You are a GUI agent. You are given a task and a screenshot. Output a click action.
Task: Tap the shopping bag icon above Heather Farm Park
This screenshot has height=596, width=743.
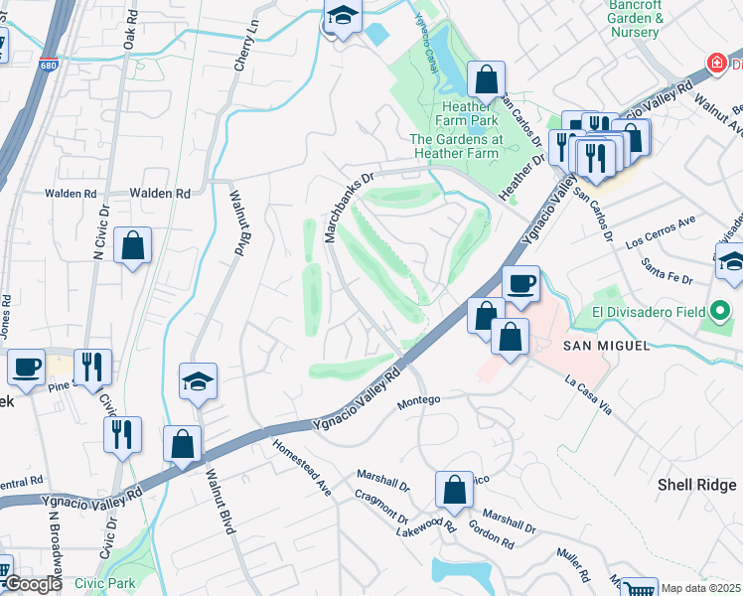tap(486, 79)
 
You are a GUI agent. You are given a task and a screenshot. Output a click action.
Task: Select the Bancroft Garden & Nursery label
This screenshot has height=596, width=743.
tap(635, 19)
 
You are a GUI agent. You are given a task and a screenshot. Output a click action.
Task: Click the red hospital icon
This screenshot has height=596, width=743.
tap(715, 64)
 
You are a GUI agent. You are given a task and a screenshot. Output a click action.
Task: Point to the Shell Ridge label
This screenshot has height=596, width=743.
tap(697, 485)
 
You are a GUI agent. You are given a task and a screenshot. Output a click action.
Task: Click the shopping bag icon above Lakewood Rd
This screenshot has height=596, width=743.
tap(454, 490)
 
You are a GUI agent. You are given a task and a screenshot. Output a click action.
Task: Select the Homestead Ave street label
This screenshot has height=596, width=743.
tap(302, 468)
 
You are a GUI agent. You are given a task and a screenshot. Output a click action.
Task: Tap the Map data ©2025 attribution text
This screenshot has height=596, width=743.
tap(700, 588)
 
